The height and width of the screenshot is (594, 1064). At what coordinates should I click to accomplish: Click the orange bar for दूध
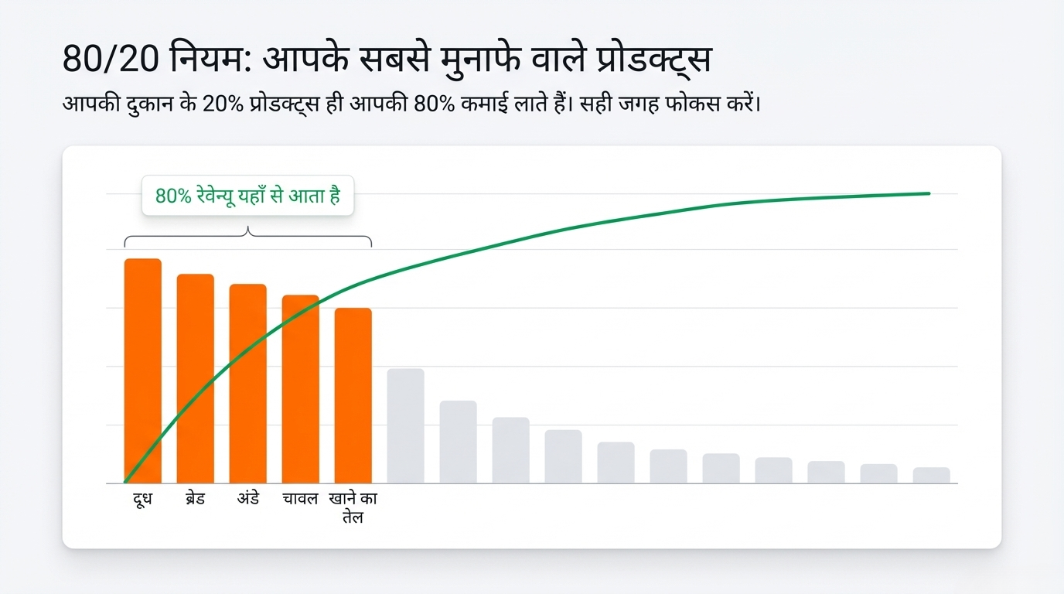pos(143,371)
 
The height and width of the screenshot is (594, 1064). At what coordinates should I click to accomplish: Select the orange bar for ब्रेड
pos(196,379)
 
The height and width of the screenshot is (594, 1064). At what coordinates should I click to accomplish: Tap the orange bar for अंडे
pos(247,384)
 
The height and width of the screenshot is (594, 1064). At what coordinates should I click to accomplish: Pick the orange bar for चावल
pos(300,389)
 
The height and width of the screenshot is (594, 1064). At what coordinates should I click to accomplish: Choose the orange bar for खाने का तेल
pos(353,395)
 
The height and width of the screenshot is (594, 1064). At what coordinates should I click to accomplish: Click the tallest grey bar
pos(405,426)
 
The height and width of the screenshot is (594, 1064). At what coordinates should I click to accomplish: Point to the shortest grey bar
pos(931,476)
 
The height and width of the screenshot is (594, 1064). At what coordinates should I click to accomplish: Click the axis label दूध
pos(142,499)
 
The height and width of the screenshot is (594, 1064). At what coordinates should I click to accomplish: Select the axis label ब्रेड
pos(195,499)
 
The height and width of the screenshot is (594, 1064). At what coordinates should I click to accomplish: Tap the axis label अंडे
pos(247,499)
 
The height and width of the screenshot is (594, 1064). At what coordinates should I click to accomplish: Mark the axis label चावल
pos(300,499)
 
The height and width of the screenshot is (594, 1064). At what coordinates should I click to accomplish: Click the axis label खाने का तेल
pos(353,507)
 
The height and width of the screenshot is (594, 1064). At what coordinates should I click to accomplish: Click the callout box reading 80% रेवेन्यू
pos(247,196)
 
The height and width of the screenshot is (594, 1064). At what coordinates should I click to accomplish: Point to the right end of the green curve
pos(928,193)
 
